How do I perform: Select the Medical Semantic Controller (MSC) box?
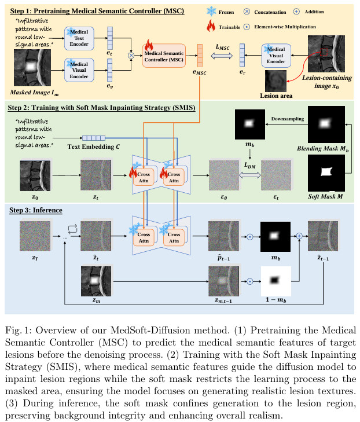164,56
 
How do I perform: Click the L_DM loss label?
249,166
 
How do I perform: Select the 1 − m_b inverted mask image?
277,281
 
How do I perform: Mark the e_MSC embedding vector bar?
200,55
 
